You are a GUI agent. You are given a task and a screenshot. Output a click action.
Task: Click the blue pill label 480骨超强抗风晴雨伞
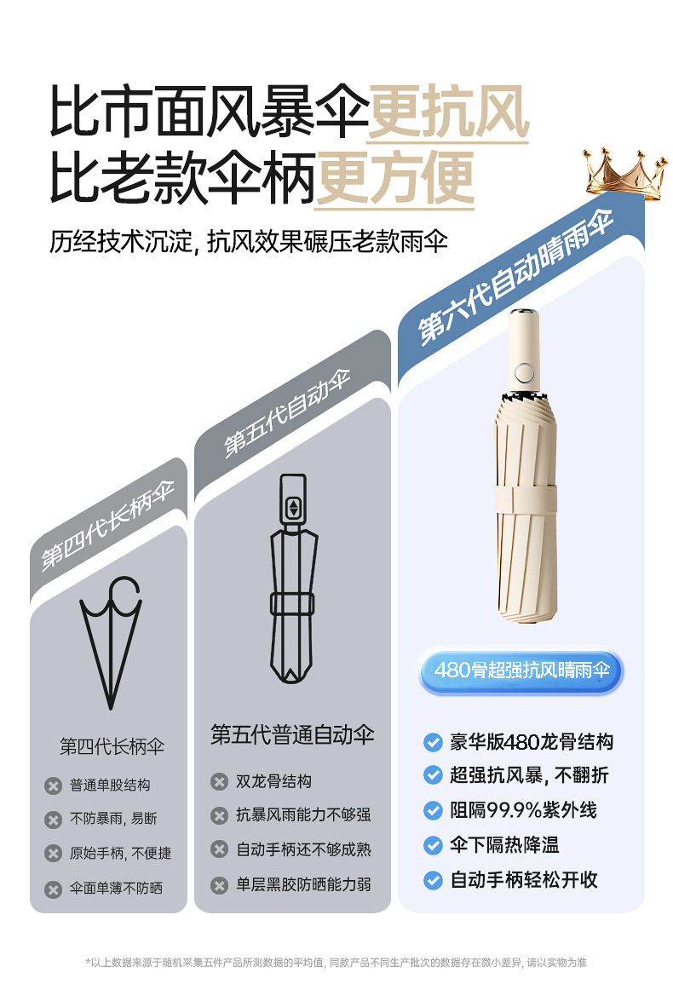pyautogui.click(x=521, y=670)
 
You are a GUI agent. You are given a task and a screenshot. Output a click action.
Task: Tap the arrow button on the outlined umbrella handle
pyautogui.click(x=293, y=509)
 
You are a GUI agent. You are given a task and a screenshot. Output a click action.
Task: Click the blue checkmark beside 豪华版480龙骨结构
pyautogui.click(x=433, y=742)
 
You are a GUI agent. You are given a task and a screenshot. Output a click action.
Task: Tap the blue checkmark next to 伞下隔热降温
pyautogui.click(x=433, y=845)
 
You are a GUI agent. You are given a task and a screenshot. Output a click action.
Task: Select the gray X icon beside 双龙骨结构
pyautogui.click(x=220, y=781)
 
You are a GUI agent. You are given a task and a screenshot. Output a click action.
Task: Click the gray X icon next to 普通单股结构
pyautogui.click(x=53, y=785)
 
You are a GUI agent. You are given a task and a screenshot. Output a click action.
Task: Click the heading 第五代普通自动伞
pyautogui.click(x=292, y=734)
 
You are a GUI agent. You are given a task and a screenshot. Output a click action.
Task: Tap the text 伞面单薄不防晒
pyautogui.click(x=116, y=888)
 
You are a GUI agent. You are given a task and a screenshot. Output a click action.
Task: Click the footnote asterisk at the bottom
pyautogui.click(x=88, y=963)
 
